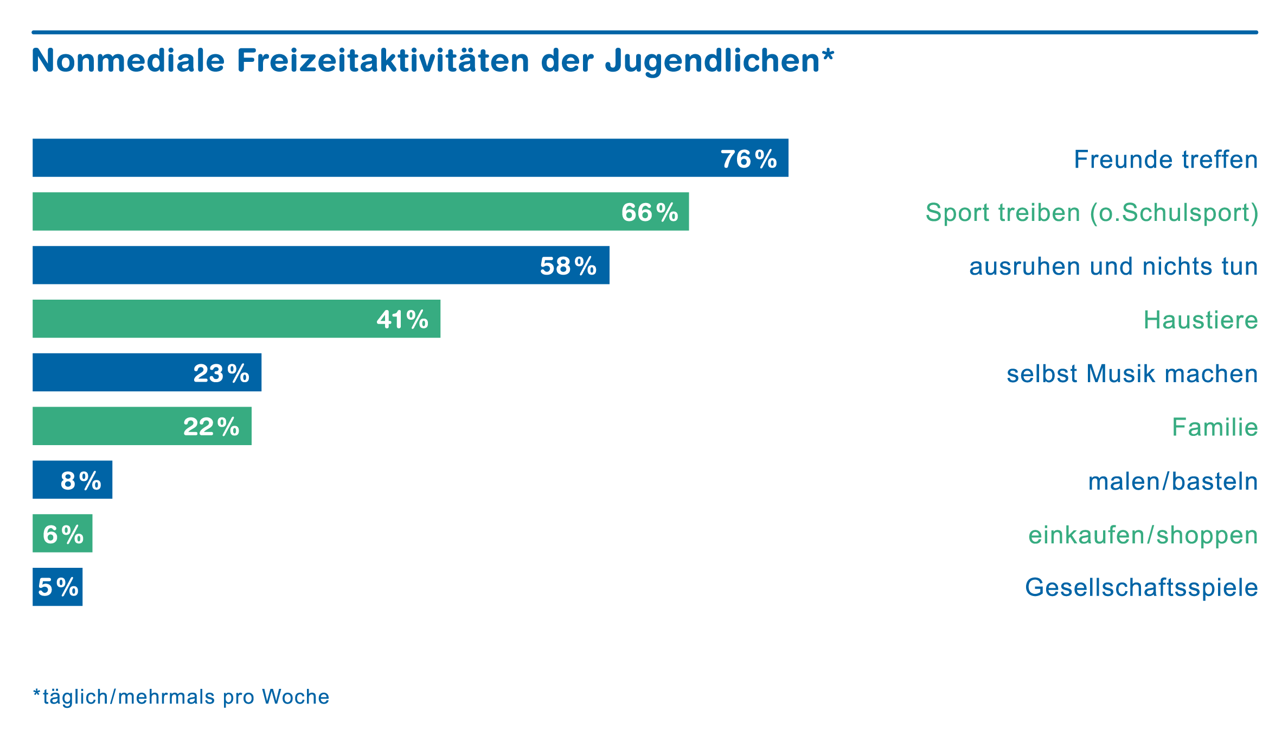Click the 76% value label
tap(748, 159)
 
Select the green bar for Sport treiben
tap(325, 212)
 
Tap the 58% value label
tap(568, 266)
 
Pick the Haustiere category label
tap(1200, 320)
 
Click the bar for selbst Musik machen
tap(108, 372)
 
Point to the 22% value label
tap(212, 427)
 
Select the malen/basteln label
tap(1172, 481)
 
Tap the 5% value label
tap(58, 587)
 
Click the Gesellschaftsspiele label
tap(1141, 587)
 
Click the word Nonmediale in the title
tap(128, 60)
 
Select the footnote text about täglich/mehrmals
tap(181, 697)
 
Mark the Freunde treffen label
tap(1165, 160)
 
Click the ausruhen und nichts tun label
tap(1113, 267)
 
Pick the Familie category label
tap(1214, 427)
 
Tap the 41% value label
tap(402, 320)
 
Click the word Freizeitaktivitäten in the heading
tap(383, 60)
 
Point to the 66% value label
tap(649, 212)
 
